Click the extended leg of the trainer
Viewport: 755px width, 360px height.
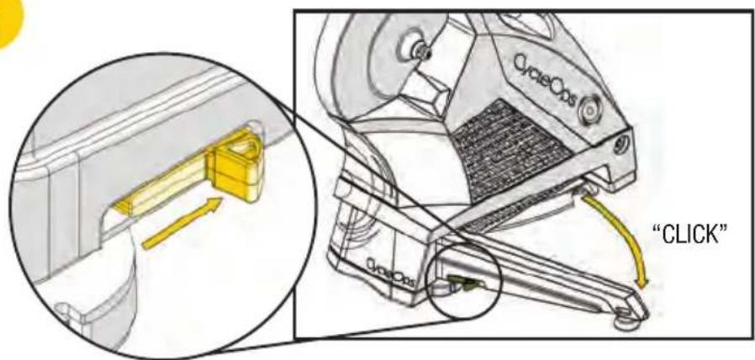[x=546, y=269]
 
